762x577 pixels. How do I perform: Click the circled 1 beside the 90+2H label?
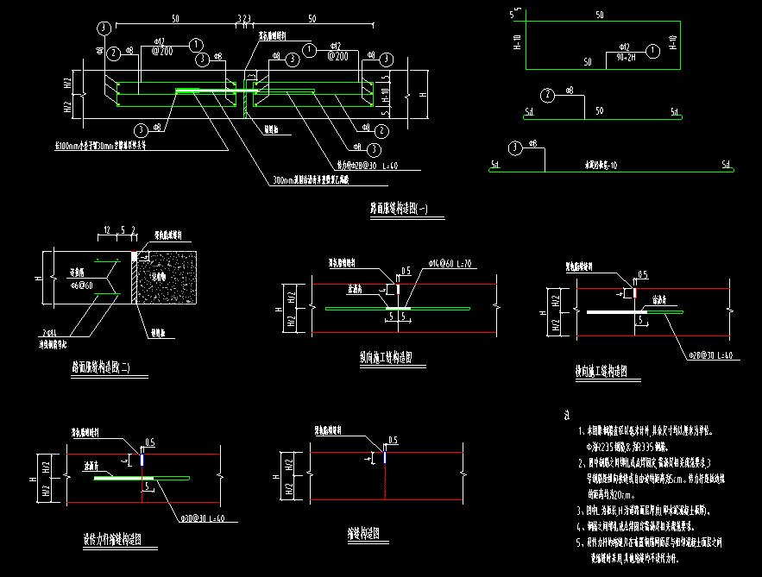pos(652,51)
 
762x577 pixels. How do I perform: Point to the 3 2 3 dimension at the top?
pos(243,17)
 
